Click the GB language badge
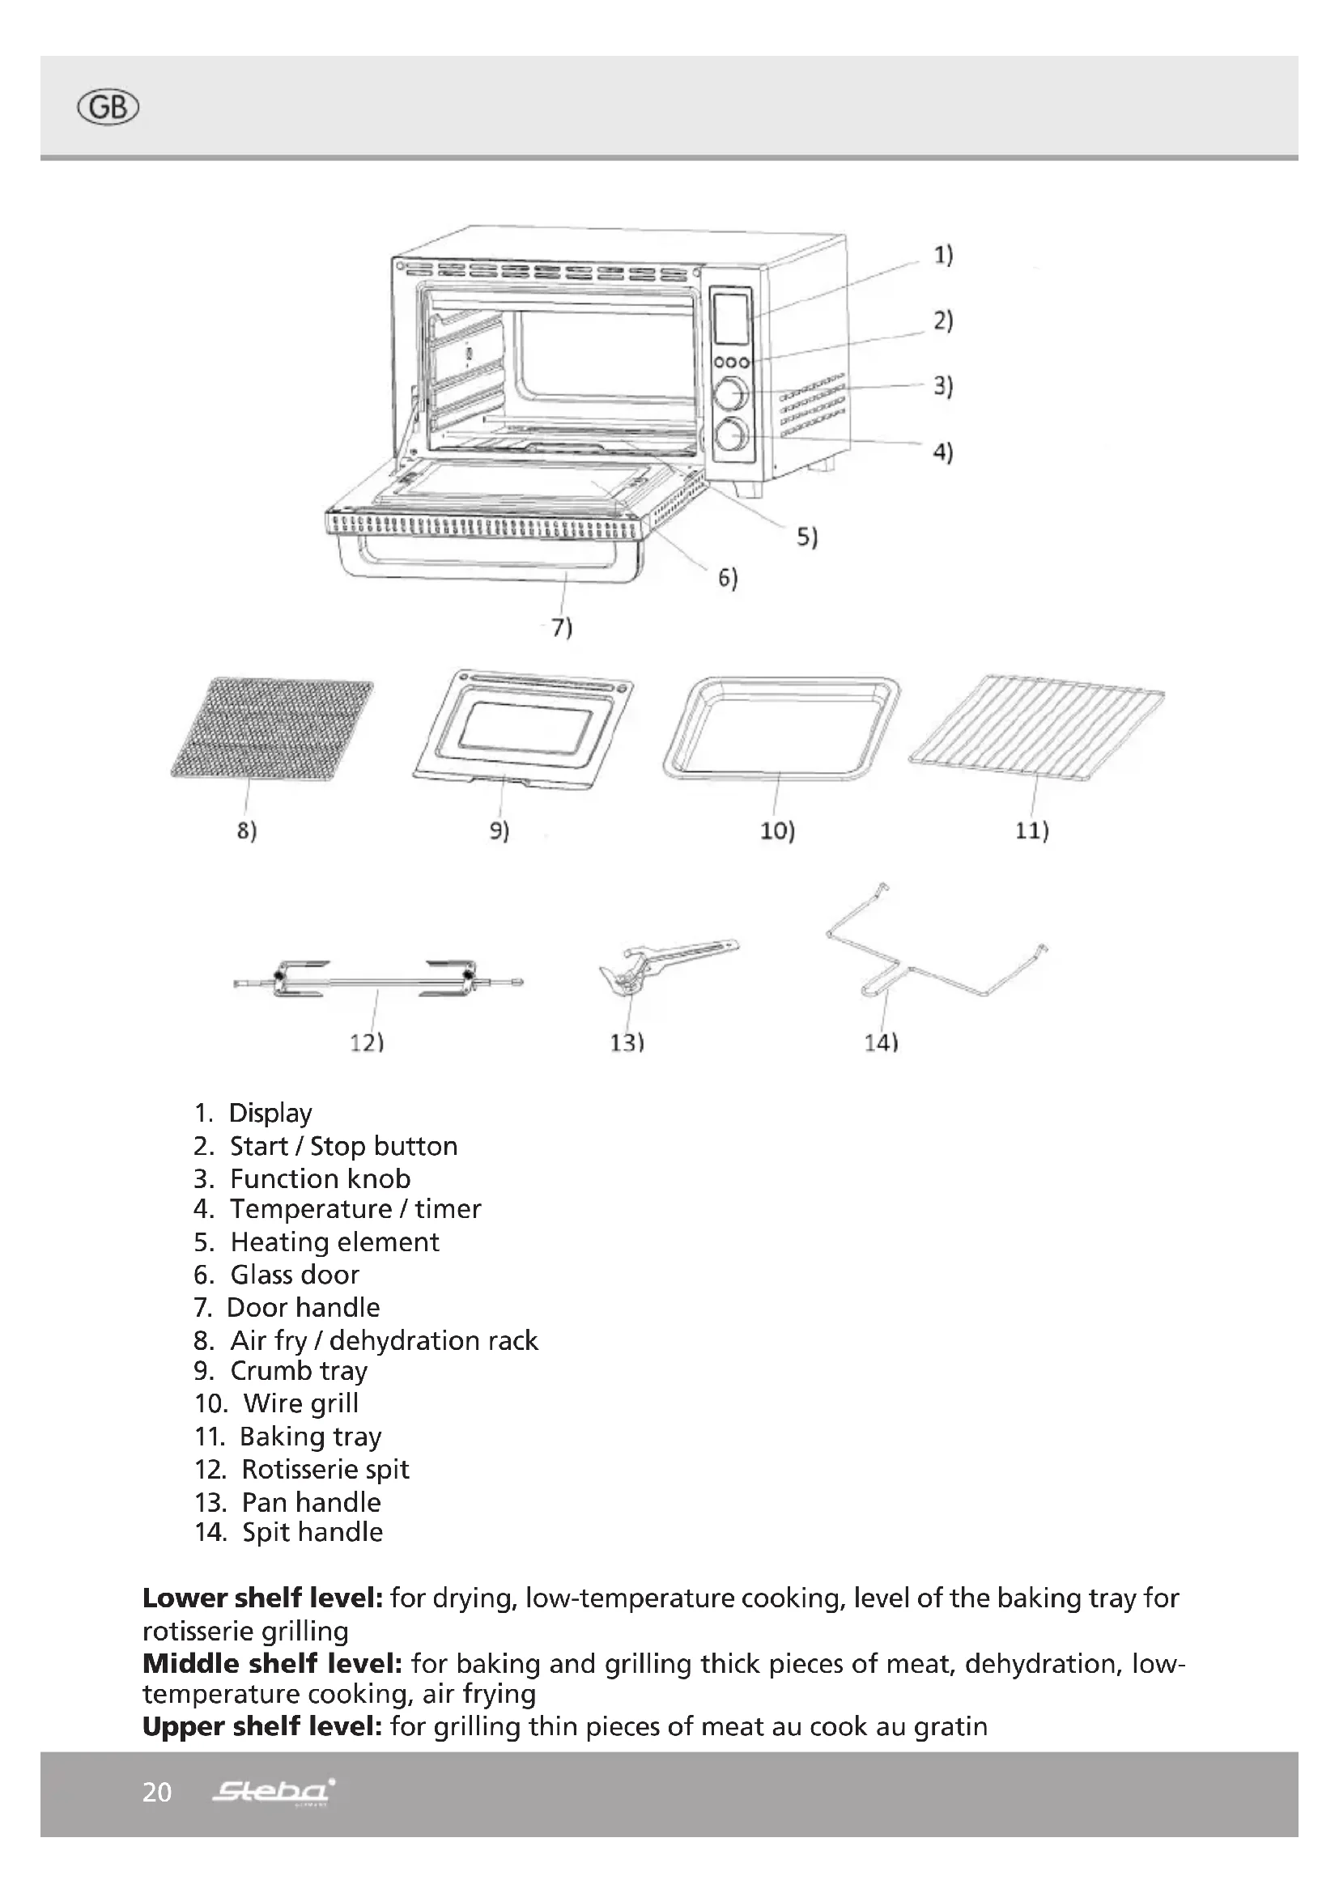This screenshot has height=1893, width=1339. click(108, 108)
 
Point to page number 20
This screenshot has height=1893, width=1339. click(157, 1793)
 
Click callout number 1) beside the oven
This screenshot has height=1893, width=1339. click(942, 256)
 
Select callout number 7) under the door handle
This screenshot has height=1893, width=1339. click(562, 628)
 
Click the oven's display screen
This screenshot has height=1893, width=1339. click(730, 318)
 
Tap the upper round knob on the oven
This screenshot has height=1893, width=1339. click(730, 393)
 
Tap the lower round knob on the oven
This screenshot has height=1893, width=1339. click(731, 435)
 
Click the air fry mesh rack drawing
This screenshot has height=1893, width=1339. click(272, 728)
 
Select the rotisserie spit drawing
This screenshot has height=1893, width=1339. click(377, 979)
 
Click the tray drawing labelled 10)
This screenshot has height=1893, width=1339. click(780, 728)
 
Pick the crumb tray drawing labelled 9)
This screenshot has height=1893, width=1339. click(524, 728)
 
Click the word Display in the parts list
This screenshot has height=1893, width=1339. click(270, 1113)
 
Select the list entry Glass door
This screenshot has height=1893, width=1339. click(295, 1275)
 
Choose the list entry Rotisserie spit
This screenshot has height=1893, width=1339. click(325, 1469)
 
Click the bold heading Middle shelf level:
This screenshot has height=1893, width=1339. click(272, 1664)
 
